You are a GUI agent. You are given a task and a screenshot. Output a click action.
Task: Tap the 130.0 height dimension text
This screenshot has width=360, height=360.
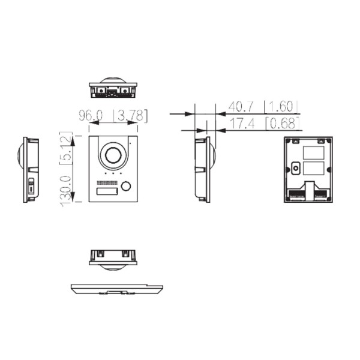(x=67, y=187)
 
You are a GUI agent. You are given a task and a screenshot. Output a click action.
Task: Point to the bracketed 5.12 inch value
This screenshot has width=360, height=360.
(x=67, y=148)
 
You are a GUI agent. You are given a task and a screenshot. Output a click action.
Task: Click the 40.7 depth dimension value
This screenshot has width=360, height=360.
(x=241, y=107)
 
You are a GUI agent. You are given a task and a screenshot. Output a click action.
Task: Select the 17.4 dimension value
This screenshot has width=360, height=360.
(x=241, y=124)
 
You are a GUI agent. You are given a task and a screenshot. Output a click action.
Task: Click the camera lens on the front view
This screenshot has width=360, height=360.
(x=113, y=155)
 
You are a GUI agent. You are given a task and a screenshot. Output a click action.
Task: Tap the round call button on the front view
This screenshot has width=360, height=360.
(x=126, y=186)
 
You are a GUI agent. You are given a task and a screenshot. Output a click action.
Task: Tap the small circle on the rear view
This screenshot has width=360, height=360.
(x=295, y=169)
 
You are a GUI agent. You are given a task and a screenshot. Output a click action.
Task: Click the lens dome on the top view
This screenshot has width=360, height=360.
(x=113, y=80)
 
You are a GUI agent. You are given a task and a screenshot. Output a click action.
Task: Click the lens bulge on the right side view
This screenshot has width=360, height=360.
(x=212, y=159)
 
